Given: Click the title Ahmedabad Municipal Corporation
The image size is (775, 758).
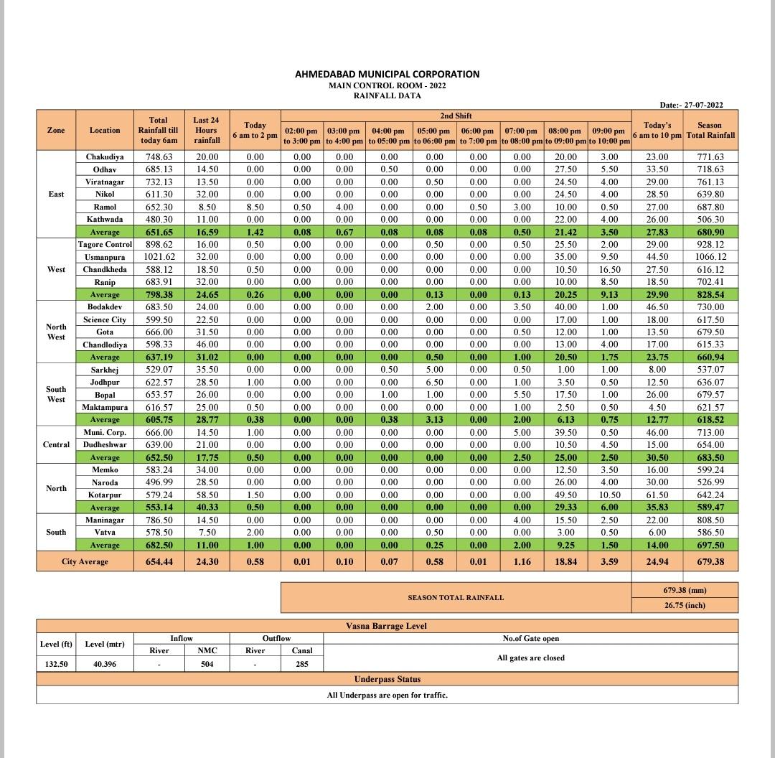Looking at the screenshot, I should click(x=387, y=74).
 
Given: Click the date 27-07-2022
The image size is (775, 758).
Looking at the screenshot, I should click(x=691, y=105).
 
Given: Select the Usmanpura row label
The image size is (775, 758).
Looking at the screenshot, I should click(x=105, y=257).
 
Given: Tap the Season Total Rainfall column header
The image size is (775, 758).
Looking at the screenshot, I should click(x=710, y=130).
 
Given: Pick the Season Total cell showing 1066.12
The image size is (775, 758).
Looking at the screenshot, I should click(x=710, y=257).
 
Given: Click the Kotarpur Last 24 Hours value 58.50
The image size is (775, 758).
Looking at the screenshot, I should click(x=207, y=495).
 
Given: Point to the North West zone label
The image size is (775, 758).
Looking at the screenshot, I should click(x=56, y=332).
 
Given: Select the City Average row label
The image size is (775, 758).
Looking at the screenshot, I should click(x=85, y=561).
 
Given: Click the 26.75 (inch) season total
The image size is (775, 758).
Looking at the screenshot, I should click(x=685, y=605).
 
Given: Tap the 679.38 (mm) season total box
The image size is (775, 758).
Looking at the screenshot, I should click(x=685, y=590).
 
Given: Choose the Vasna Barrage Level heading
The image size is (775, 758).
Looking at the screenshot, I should click(x=386, y=626).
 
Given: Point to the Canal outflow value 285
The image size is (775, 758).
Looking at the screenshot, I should click(x=302, y=664).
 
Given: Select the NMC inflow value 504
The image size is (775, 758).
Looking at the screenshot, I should click(x=207, y=664).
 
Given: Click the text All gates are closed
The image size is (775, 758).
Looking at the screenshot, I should click(x=530, y=658).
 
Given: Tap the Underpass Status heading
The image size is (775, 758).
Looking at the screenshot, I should click(x=387, y=679).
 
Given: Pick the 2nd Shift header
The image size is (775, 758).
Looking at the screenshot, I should click(x=456, y=116).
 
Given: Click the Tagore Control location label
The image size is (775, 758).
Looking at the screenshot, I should click(x=105, y=245).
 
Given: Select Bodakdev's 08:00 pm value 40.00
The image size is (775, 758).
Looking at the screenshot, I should click(x=565, y=307).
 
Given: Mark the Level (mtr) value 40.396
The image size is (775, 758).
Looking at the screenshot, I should click(x=105, y=664).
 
